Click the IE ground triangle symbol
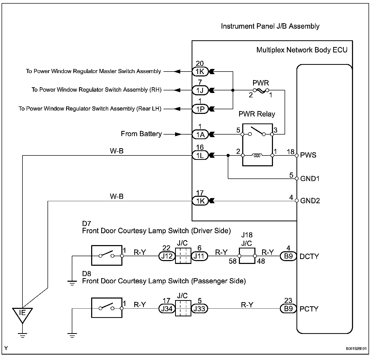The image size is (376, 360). coord(22,314)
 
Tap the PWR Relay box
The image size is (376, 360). coord(257,145)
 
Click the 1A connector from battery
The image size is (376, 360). coord(200,134)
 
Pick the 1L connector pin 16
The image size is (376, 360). coord(200,155)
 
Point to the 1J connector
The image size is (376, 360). coord(200,90)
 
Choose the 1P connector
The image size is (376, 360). coord(200,109)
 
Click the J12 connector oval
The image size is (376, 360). coord(167,256)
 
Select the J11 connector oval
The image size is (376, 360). coord(199,256)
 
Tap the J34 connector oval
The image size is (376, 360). coord(167,309)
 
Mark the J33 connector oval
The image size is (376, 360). coord(199,309)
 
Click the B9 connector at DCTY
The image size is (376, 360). coord(288,256)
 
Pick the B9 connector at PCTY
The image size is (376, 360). coord(288,309)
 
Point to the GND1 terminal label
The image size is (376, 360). coord(310,178)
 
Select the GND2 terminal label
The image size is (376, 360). coord(310,201)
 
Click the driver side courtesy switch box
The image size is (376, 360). coord(107,255)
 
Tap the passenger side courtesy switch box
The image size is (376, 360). coord(107,308)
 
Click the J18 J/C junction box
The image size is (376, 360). coord(247,256)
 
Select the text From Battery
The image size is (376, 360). coord(141,134)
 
